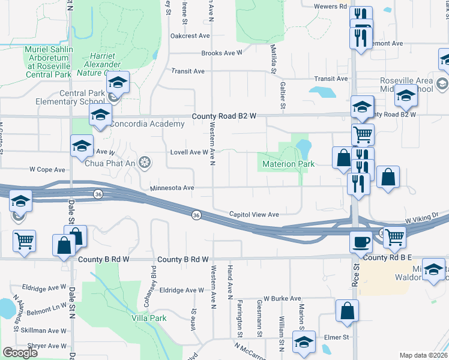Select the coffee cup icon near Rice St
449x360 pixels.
(x=361, y=241)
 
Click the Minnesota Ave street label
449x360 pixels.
(x=172, y=188)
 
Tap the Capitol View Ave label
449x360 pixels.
(x=255, y=214)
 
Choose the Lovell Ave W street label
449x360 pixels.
(x=189, y=152)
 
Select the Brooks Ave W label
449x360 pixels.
(x=221, y=53)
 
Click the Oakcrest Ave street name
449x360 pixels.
(x=190, y=36)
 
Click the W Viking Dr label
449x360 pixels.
(x=424, y=221)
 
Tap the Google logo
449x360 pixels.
(x=20, y=353)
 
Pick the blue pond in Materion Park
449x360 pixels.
(x=303, y=146)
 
